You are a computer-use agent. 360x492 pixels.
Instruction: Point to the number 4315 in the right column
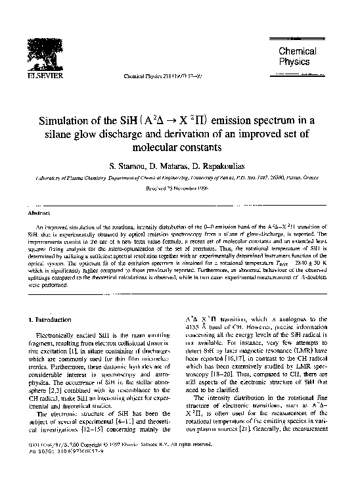click(191, 328)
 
